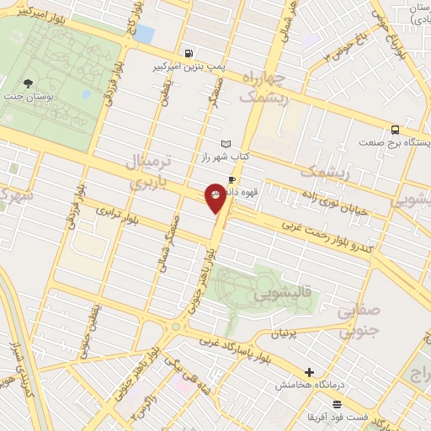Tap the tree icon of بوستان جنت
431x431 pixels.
[x=29, y=82]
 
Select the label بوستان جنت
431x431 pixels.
[x=29, y=98]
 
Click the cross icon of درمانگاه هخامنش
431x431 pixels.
[x=310, y=372]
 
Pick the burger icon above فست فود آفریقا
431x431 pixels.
[x=337, y=405]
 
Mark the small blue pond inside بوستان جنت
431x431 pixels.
[x=144, y=34]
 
